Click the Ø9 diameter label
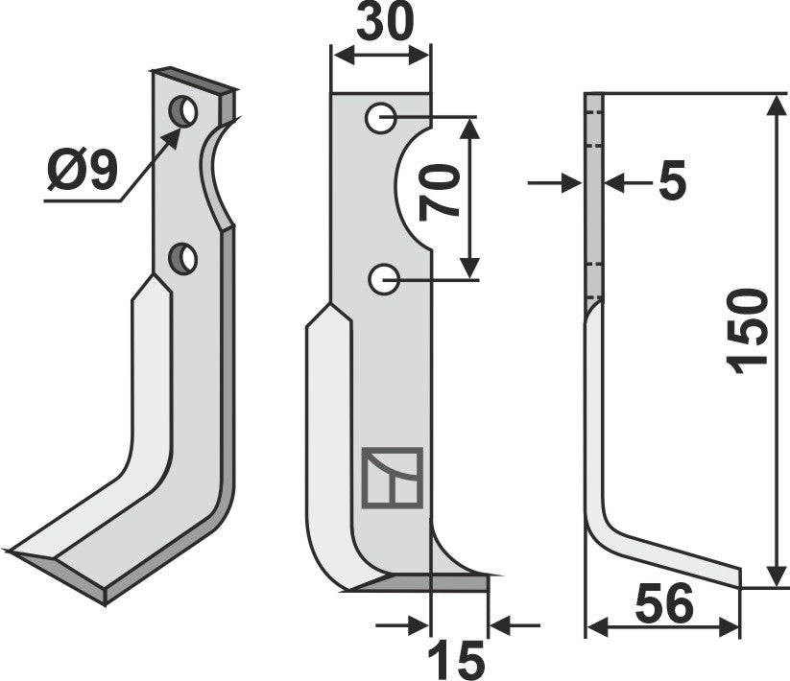[x=82, y=172]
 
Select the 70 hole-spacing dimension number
[x=438, y=191]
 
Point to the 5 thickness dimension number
[x=673, y=182]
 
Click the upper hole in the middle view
[x=381, y=120]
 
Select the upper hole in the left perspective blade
[x=183, y=112]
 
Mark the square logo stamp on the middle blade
[x=392, y=477]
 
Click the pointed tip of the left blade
[x=12, y=552]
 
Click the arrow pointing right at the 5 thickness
[x=573, y=182]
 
